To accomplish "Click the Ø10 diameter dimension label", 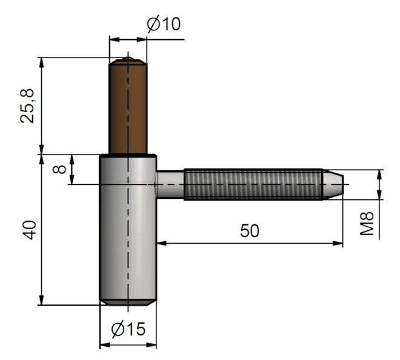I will [164, 24].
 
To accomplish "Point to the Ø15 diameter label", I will [128, 329].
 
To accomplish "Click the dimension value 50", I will [249, 231].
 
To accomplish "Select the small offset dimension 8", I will [59, 169].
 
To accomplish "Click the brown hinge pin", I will [128, 109].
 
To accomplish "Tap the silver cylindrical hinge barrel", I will [128, 230].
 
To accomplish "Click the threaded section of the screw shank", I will [252, 184].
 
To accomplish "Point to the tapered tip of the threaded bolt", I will [333, 184].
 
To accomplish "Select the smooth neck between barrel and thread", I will [170, 184].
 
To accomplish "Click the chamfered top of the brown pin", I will [128, 61].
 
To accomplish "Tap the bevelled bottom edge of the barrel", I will [128, 302].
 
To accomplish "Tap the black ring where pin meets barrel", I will [128, 156].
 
